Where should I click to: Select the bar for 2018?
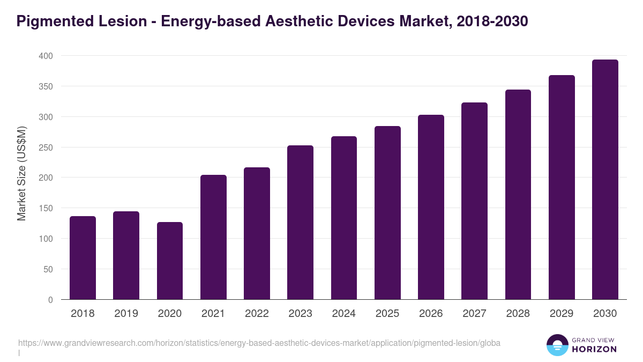tap(83, 258)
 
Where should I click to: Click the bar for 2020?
tap(170, 261)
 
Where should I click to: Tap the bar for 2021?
tap(213, 237)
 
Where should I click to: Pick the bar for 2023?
tap(300, 223)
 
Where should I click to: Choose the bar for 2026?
tap(431, 207)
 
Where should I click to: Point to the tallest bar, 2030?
tap(605, 180)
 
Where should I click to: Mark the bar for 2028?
tap(518, 195)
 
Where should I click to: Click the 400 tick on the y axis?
tap(46, 56)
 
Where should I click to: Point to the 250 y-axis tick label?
tap(46, 147)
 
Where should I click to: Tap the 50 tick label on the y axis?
tap(48, 269)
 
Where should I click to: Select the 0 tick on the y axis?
tap(50, 300)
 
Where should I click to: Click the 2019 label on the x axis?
tap(126, 314)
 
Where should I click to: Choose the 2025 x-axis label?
tap(387, 314)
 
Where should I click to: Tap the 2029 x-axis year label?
tap(562, 314)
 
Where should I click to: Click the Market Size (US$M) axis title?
tap(21, 174)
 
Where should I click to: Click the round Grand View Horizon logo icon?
tap(557, 345)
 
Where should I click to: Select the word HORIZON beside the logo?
tap(595, 349)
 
